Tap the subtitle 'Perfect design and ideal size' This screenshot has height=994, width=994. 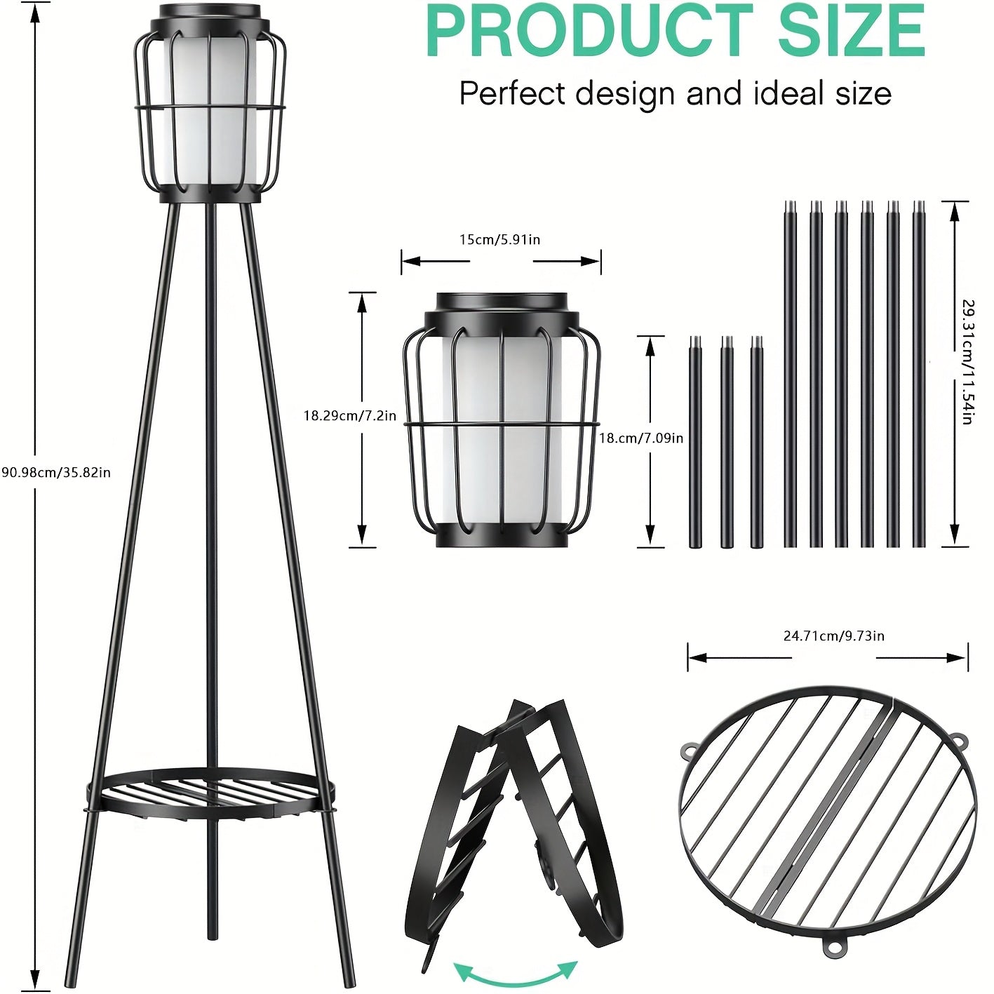[675, 93]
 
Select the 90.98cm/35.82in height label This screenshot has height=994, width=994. [56, 472]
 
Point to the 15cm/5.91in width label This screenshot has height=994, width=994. [499, 240]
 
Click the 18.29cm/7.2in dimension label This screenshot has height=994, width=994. [349, 416]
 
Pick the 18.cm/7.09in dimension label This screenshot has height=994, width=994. [641, 438]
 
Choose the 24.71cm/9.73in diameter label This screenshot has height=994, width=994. [833, 636]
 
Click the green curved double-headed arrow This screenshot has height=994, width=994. [516, 972]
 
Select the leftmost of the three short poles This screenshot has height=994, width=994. [695, 442]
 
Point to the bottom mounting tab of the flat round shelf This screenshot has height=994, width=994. [834, 946]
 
